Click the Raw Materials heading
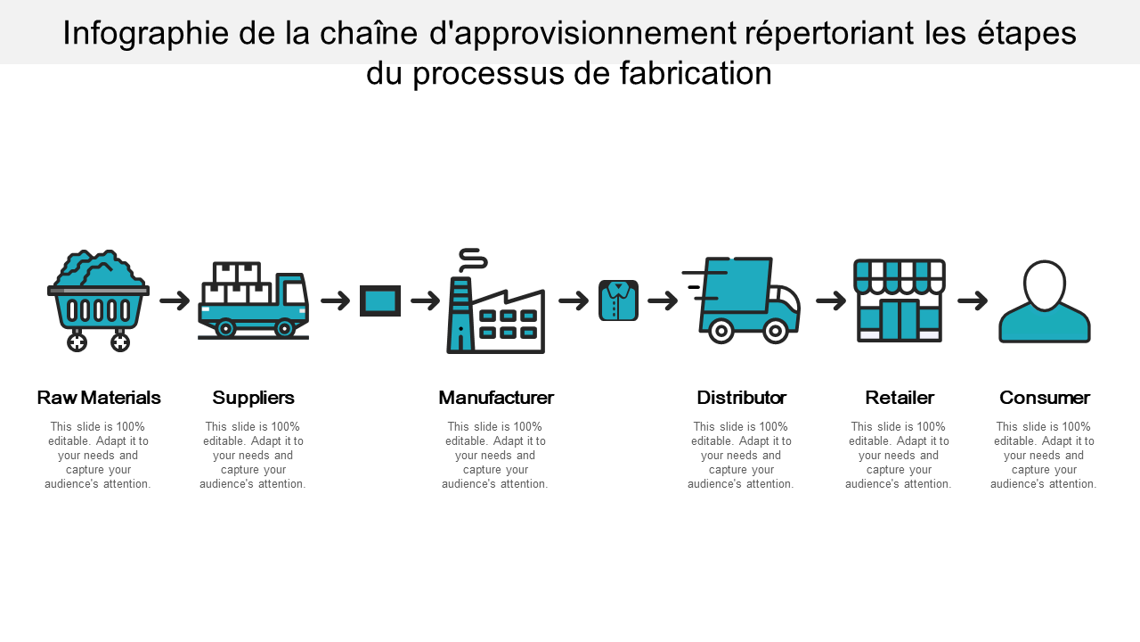[x=99, y=398]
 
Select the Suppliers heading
[x=254, y=398]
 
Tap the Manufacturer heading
[x=496, y=398]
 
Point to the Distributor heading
[x=741, y=398]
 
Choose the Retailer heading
[x=900, y=398]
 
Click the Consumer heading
[x=1044, y=398]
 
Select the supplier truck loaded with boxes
[x=253, y=301]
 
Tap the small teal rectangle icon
[x=380, y=301]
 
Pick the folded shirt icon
[x=618, y=300]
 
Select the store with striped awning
[x=900, y=300]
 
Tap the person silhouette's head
[x=1045, y=284]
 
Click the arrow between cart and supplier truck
[x=175, y=301]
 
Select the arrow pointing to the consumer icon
[x=973, y=301]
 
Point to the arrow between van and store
[x=830, y=301]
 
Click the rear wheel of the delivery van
[x=721, y=332]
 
